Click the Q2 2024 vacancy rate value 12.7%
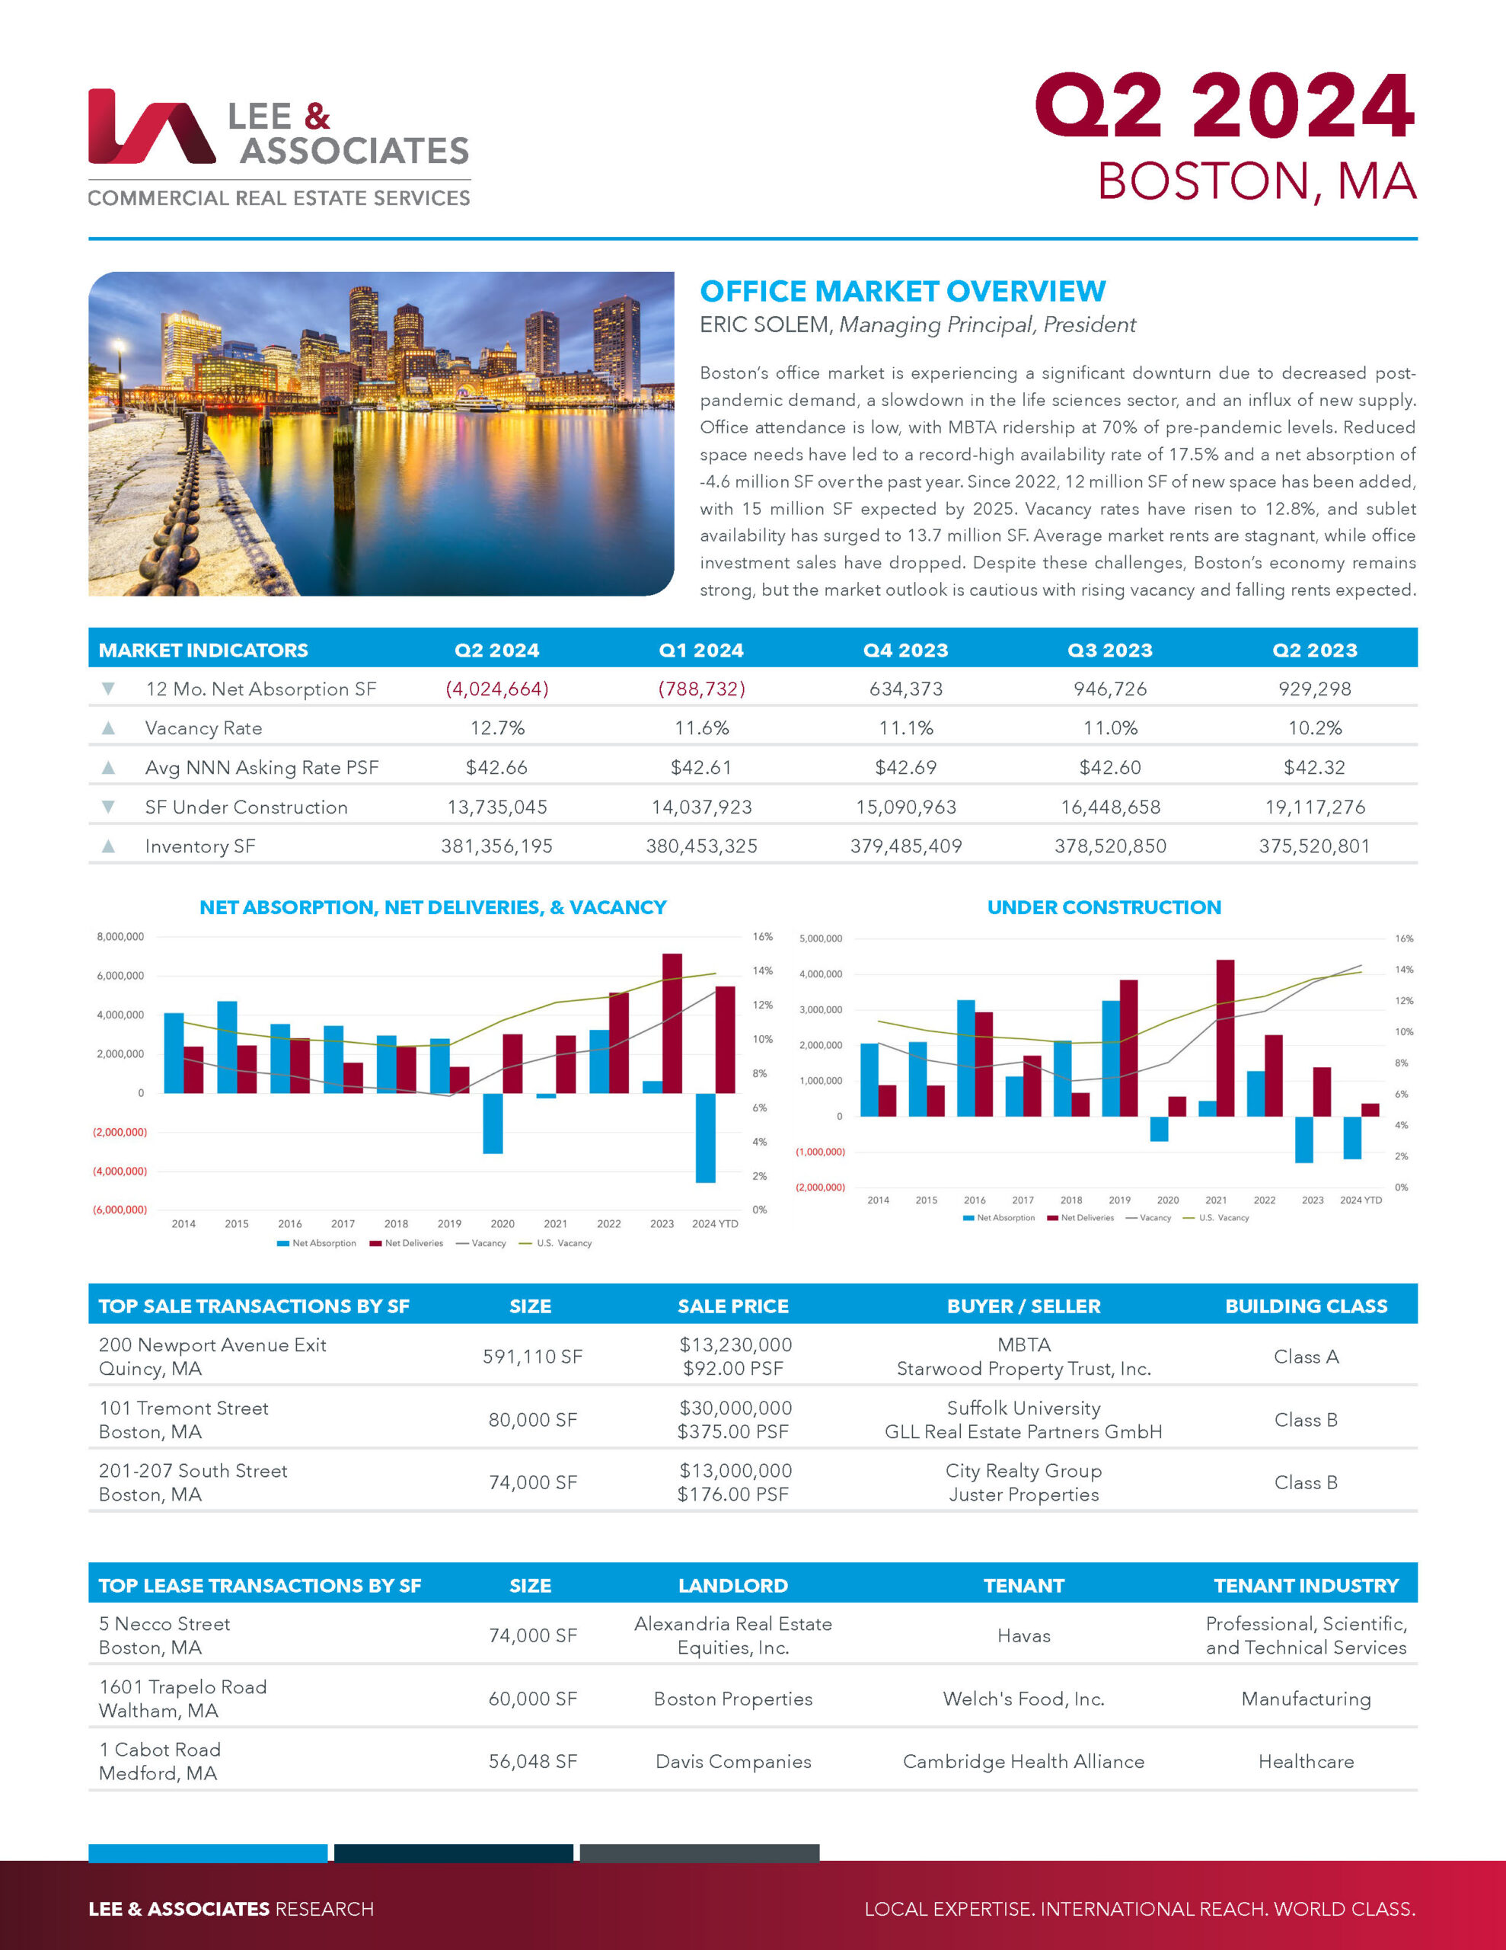pos(497,727)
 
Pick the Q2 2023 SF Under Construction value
pos(1314,807)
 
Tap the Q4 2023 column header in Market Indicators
pos(905,650)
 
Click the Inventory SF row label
pos(200,846)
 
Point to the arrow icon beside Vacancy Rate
pos(108,727)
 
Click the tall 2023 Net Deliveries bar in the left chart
pos(672,1022)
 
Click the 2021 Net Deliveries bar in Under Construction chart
pos(1225,1037)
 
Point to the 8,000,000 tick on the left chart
pos(120,937)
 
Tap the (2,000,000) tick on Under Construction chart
pos(819,1188)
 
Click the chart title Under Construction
pos(1103,907)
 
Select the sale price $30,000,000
pos(735,1408)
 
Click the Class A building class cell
pos(1305,1357)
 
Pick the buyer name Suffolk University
pos(1023,1408)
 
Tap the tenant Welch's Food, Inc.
pos(1023,1698)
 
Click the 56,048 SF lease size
pos(532,1761)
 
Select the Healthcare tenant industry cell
pos(1305,1761)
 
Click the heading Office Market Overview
pos(901,291)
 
